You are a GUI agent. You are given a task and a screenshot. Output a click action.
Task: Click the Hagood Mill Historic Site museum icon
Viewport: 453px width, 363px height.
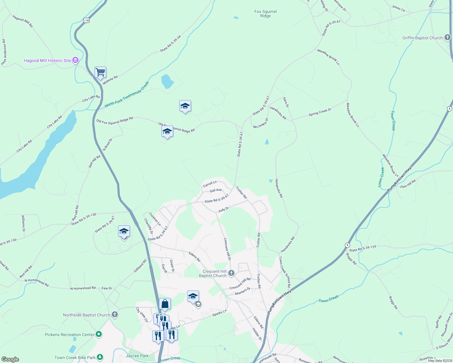click(75, 60)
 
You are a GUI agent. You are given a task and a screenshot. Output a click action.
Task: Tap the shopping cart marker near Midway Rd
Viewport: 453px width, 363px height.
click(100, 73)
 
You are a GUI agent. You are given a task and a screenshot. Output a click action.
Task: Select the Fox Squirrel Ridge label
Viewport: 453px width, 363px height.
click(265, 14)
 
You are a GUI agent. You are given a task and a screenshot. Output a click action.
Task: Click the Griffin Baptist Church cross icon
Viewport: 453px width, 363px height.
click(448, 38)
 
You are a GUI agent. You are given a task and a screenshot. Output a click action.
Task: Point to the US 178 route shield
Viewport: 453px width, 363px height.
click(87, 21)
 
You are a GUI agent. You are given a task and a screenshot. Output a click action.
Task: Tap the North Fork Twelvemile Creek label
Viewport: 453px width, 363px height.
click(127, 94)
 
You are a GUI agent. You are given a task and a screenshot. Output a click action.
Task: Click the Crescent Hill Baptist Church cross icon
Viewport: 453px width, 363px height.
click(231, 273)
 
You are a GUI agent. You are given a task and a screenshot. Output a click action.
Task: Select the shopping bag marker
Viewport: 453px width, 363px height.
click(165, 304)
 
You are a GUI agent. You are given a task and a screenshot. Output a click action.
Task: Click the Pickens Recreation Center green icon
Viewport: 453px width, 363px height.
click(99, 335)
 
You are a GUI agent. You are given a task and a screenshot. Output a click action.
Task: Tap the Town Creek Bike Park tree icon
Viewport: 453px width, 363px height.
click(100, 358)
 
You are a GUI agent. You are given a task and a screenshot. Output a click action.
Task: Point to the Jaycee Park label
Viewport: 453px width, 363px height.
click(137, 356)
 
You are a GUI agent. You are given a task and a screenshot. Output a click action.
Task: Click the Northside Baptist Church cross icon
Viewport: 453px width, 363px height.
click(114, 315)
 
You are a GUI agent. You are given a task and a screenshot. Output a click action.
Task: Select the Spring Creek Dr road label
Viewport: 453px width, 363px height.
click(320, 112)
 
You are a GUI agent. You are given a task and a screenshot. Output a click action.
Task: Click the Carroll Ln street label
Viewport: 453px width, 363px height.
click(210, 184)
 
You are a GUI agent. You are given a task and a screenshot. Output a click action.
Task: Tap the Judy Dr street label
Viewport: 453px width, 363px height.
click(223, 209)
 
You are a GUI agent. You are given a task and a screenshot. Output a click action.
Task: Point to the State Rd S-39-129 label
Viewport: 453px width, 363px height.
click(362, 249)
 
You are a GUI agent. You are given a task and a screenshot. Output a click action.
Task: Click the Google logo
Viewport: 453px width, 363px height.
click(10, 359)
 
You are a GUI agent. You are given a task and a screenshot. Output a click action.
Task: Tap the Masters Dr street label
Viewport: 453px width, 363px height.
click(243, 291)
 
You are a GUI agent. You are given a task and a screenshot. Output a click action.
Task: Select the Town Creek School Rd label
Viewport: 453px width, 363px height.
click(285, 272)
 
